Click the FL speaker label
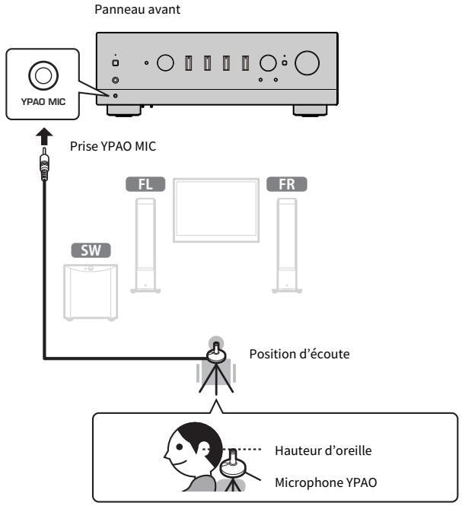[x=145, y=184]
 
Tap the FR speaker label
[x=287, y=184]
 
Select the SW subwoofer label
[x=91, y=250]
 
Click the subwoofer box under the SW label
[x=91, y=292]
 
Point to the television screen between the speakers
[x=216, y=210]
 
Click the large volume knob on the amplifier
[x=307, y=63]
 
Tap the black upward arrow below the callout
[x=44, y=137]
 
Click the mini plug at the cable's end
[x=44, y=164]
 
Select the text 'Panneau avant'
[x=137, y=9]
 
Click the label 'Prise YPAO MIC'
[x=113, y=146]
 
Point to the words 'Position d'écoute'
[x=299, y=354]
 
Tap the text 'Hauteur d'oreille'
[x=323, y=450]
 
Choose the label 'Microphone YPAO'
[x=326, y=482]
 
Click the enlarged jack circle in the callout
[x=43, y=75]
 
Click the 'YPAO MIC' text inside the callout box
[x=43, y=102]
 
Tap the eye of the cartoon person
[x=180, y=447]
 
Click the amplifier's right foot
[x=310, y=110]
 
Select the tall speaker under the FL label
[x=145, y=245]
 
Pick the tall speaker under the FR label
[x=287, y=245]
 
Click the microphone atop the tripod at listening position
[x=216, y=353]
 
